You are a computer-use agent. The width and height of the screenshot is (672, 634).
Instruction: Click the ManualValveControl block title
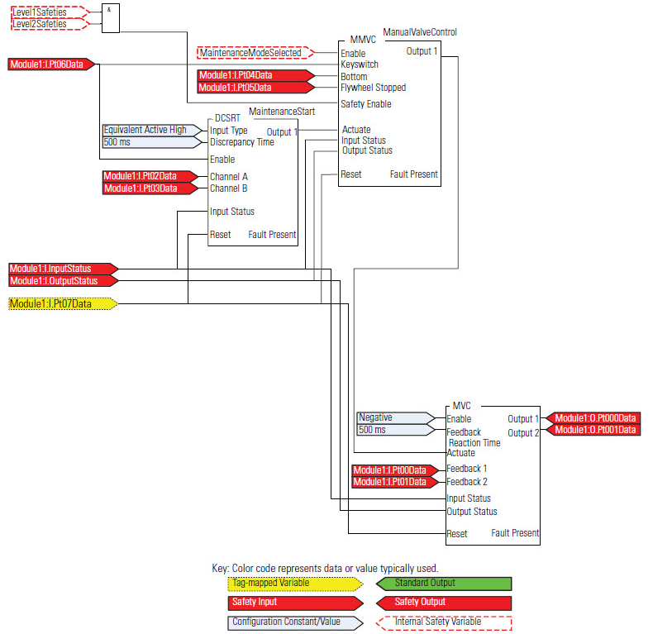(420, 32)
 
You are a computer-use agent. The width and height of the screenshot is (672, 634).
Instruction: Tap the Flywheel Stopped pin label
(373, 88)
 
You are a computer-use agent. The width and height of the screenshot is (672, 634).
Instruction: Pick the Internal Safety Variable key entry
(444, 622)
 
